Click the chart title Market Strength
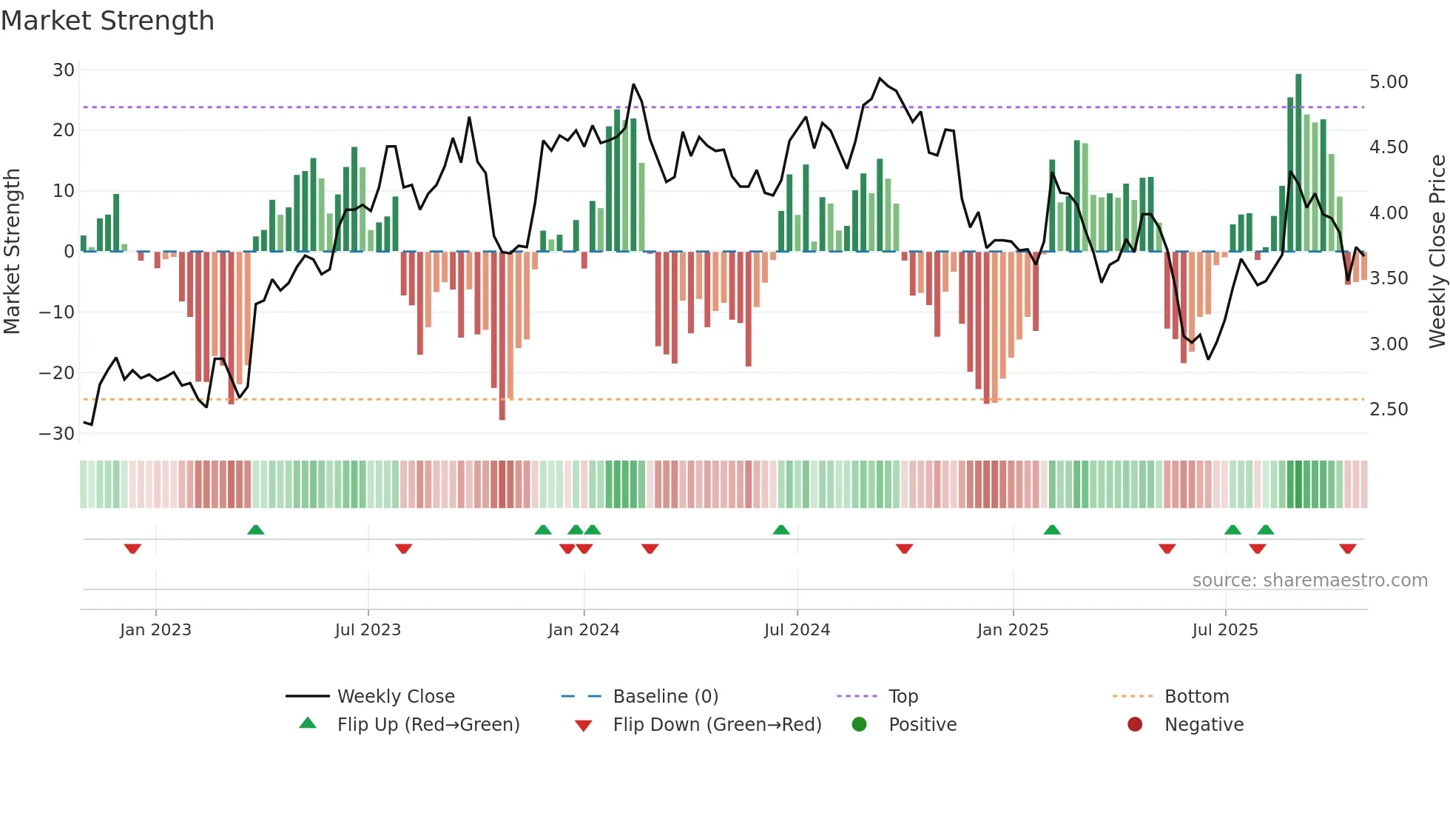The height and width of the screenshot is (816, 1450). click(107, 21)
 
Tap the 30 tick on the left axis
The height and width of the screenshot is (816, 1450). click(64, 70)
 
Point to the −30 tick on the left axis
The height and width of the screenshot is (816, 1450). click(58, 434)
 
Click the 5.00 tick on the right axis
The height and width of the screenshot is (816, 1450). click(1389, 82)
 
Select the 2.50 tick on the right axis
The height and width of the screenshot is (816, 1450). click(1389, 409)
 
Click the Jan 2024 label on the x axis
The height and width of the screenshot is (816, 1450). click(584, 630)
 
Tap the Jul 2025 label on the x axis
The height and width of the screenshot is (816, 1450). click(1225, 630)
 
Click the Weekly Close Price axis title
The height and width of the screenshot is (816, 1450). click(1437, 252)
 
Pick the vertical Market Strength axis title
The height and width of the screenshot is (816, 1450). click(13, 252)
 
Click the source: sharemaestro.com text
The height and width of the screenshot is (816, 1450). click(1309, 581)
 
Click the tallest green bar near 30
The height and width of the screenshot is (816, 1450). click(1298, 163)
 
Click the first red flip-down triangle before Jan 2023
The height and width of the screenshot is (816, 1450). click(132, 549)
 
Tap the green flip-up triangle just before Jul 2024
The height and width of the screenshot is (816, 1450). click(781, 529)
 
